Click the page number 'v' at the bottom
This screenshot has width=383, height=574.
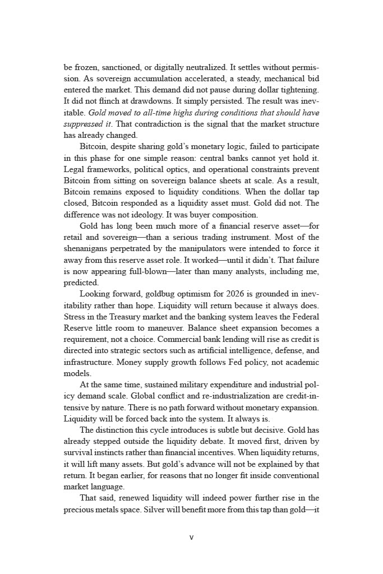point(191,538)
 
